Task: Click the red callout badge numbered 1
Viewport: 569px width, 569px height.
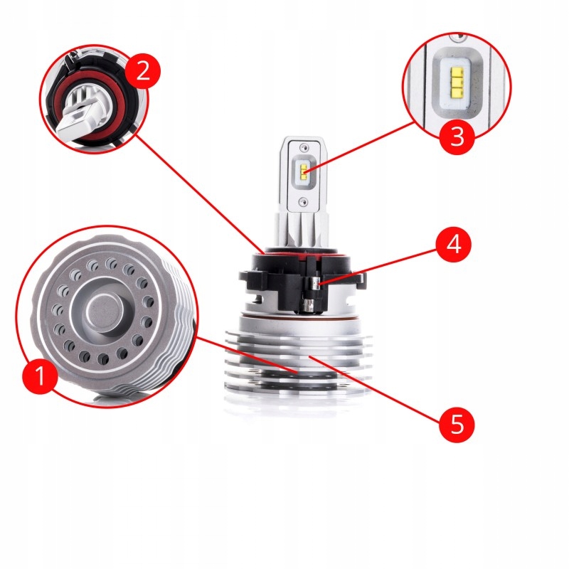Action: [40, 376]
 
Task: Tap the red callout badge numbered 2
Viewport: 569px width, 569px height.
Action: [143, 70]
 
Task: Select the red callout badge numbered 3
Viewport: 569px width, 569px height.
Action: [457, 137]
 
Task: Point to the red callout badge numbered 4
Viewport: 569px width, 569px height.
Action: [454, 244]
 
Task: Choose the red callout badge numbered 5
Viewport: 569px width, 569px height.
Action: [457, 424]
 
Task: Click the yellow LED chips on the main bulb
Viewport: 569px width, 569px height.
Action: [303, 169]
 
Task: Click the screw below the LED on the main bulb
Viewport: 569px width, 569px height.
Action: [303, 201]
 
